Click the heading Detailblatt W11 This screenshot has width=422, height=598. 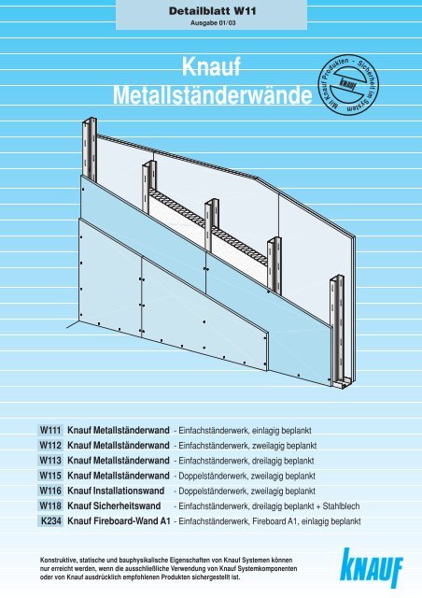click(x=212, y=11)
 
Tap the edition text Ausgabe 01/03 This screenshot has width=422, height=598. click(x=213, y=22)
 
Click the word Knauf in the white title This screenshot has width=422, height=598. click(x=211, y=66)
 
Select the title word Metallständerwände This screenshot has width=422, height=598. click(x=212, y=95)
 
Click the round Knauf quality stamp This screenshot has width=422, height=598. click(x=348, y=85)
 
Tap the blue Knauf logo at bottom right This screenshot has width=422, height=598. click(x=372, y=568)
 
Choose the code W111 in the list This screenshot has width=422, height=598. click(x=50, y=430)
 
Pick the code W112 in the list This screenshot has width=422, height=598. click(x=50, y=445)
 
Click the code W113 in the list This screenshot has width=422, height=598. click(x=50, y=461)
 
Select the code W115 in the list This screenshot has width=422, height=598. click(x=50, y=476)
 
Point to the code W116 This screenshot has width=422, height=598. click(x=50, y=491)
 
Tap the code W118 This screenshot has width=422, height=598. click(x=50, y=505)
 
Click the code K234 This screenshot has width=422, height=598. click(x=50, y=521)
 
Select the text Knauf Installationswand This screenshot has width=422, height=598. click(x=116, y=491)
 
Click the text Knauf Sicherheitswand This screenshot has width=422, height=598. click(x=114, y=506)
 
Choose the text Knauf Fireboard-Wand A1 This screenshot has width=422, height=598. click(x=119, y=521)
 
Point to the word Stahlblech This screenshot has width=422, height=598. click(x=341, y=506)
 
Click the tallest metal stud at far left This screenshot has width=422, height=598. click(x=90, y=149)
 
